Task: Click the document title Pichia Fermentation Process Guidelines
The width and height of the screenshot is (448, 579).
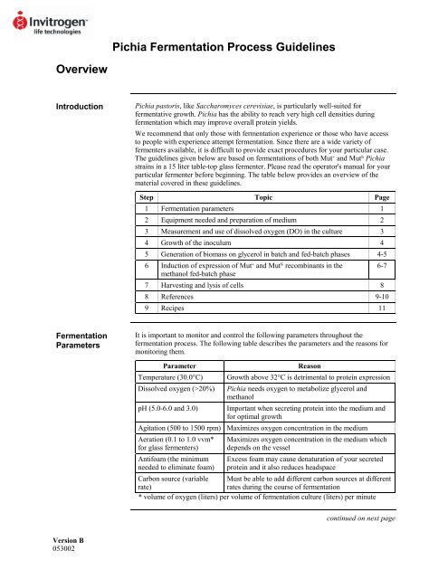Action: click(223, 46)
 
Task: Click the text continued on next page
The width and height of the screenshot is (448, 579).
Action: click(390, 517)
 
